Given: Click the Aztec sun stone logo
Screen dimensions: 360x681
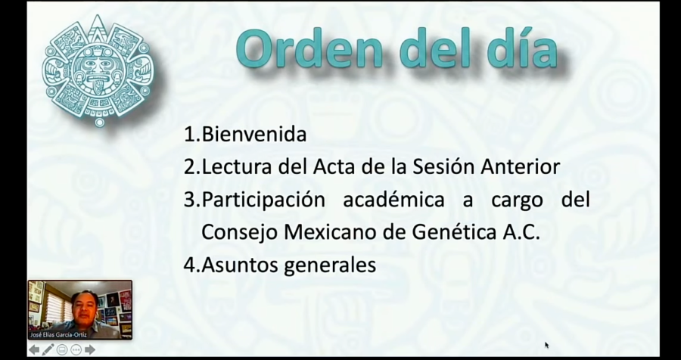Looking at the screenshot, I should coord(96,70).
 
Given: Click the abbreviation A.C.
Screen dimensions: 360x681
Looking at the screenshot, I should coord(522,233).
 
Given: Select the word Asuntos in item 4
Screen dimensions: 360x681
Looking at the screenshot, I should coord(240,265).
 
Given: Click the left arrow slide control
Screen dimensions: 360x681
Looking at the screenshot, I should coord(34,349).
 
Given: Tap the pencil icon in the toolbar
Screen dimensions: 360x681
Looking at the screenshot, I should coord(48,349).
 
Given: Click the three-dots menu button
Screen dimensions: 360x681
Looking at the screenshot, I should coord(76,349).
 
